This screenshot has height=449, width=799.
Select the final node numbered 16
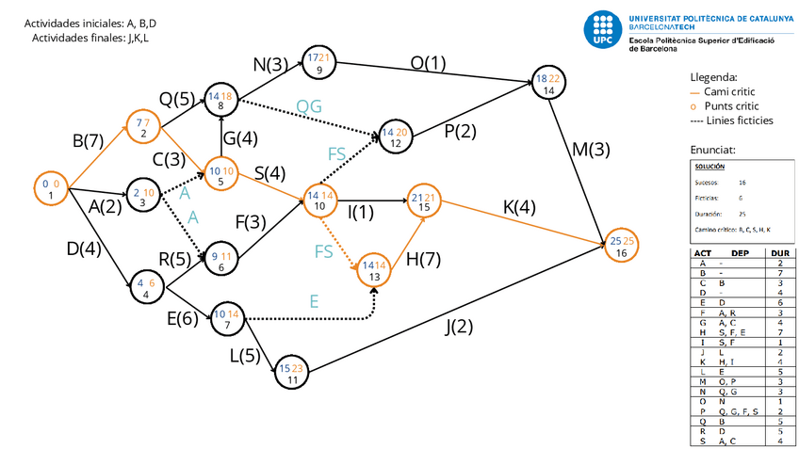(x=620, y=248)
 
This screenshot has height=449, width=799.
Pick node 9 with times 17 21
(x=318, y=63)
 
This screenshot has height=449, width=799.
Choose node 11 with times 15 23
(x=292, y=375)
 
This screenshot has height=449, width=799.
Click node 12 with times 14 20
(x=396, y=137)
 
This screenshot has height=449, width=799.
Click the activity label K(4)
(x=519, y=206)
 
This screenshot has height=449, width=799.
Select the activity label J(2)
(x=460, y=327)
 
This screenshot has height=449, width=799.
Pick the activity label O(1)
(x=428, y=63)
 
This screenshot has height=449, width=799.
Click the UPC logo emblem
(x=603, y=30)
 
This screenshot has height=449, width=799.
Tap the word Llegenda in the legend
(x=714, y=77)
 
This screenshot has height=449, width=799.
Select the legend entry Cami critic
(x=731, y=91)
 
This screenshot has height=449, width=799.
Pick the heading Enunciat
(x=712, y=150)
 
